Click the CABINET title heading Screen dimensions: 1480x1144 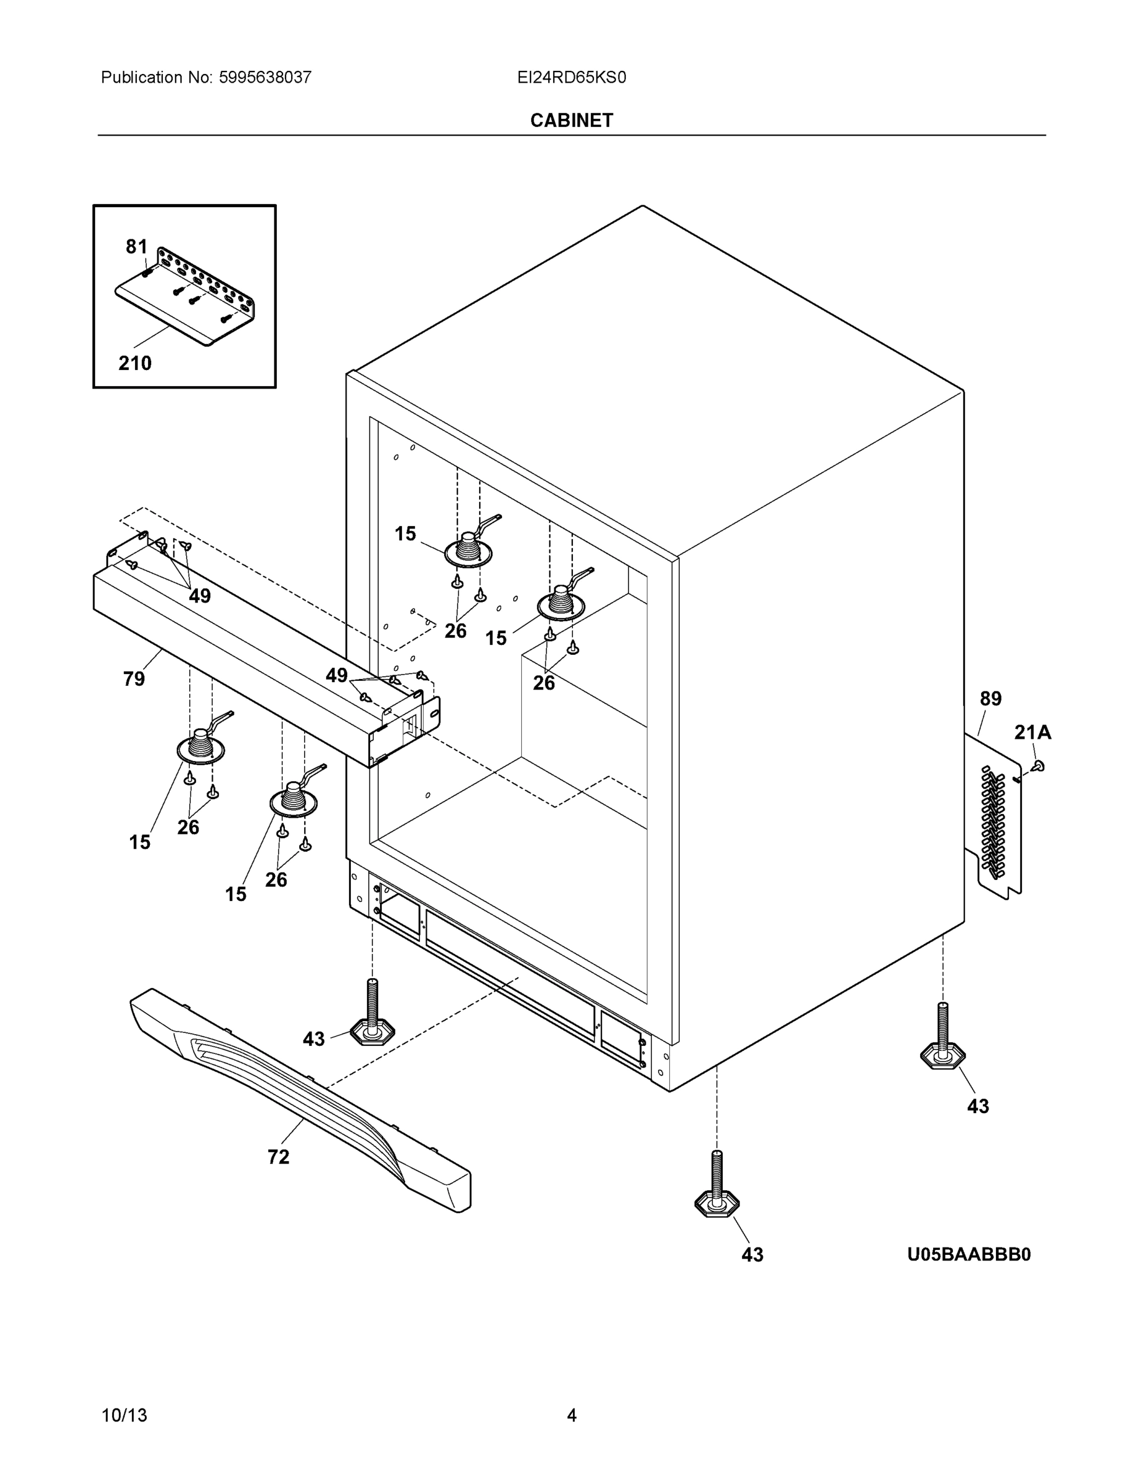click(571, 120)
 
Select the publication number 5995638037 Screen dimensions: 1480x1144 click(265, 77)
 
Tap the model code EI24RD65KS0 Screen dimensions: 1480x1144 click(571, 77)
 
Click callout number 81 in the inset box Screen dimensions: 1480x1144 click(136, 247)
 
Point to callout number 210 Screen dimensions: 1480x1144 click(135, 363)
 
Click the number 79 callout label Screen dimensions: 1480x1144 click(134, 678)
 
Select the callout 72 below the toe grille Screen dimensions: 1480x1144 click(278, 1157)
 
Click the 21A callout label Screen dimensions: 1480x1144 click(1033, 732)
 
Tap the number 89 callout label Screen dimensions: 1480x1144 click(990, 699)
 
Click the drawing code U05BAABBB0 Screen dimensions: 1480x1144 click(968, 1255)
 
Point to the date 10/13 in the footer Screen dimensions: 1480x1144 click(124, 1415)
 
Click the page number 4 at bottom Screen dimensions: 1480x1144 click(571, 1415)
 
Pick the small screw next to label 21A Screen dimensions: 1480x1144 click(1039, 766)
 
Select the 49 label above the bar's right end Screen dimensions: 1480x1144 click(336, 675)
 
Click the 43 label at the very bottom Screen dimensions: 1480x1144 click(752, 1255)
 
